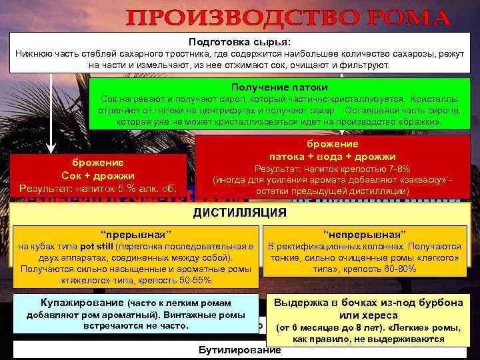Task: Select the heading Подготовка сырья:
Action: [x=239, y=41]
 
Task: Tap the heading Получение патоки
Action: [x=279, y=87]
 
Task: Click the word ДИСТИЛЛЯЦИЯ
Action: [x=239, y=213]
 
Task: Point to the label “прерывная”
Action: [x=135, y=234]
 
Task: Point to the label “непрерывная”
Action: [x=365, y=234]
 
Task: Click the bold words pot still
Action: [x=97, y=246]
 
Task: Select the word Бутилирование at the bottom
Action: [x=239, y=351]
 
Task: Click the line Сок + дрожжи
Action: [x=99, y=175]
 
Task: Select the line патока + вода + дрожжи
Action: [x=332, y=156]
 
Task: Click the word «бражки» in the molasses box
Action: [x=417, y=123]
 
